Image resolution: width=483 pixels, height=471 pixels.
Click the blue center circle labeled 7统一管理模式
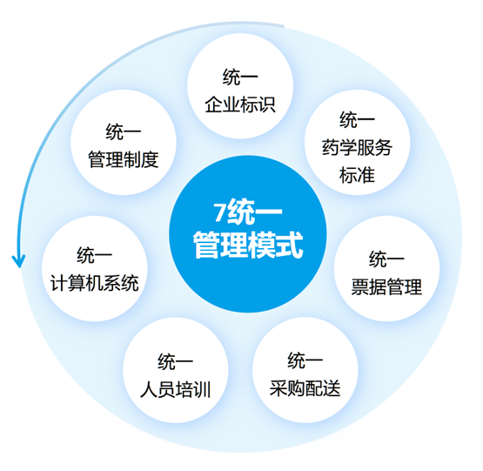[248, 234]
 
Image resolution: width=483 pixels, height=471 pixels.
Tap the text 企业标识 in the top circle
[240, 104]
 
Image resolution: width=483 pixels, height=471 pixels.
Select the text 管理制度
[124, 159]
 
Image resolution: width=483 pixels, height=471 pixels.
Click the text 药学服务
[357, 147]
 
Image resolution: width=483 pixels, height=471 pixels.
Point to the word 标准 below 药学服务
[357, 175]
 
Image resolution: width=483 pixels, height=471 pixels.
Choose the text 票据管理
[386, 286]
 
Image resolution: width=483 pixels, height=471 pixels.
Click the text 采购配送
[305, 387]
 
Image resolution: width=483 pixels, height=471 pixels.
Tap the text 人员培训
[175, 389]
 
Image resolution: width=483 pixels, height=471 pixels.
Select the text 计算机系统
[95, 283]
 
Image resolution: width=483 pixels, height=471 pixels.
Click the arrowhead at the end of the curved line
[19, 261]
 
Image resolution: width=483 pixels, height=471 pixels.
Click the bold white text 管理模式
[248, 245]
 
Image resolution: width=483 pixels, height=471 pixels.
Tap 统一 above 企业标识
[240, 77]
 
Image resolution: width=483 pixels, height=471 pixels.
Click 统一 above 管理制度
[124, 132]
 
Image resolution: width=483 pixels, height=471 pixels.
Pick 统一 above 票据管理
[386, 259]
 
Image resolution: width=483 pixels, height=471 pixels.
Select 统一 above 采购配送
[305, 360]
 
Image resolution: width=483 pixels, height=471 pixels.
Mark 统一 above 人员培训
[175, 362]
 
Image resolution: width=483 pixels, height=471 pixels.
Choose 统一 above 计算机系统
[95, 255]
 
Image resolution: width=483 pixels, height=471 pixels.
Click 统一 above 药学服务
[357, 120]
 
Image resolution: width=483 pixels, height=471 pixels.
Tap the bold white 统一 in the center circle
[254, 212]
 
